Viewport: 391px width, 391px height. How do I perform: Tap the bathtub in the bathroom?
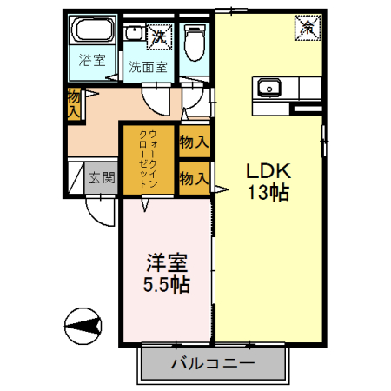tap(90, 33)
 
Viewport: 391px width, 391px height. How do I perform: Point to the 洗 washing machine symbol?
tap(159, 36)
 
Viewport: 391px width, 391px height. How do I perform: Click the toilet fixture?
tap(194, 38)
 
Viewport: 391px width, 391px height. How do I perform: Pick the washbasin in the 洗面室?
tap(135, 34)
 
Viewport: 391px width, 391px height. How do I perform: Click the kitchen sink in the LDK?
tap(268, 87)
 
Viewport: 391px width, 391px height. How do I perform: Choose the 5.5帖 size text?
tap(165, 284)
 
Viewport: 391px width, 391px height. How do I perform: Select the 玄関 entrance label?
tap(102, 178)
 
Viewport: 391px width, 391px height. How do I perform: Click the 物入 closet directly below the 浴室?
tap(75, 103)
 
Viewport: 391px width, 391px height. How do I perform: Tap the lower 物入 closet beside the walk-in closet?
tap(193, 179)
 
